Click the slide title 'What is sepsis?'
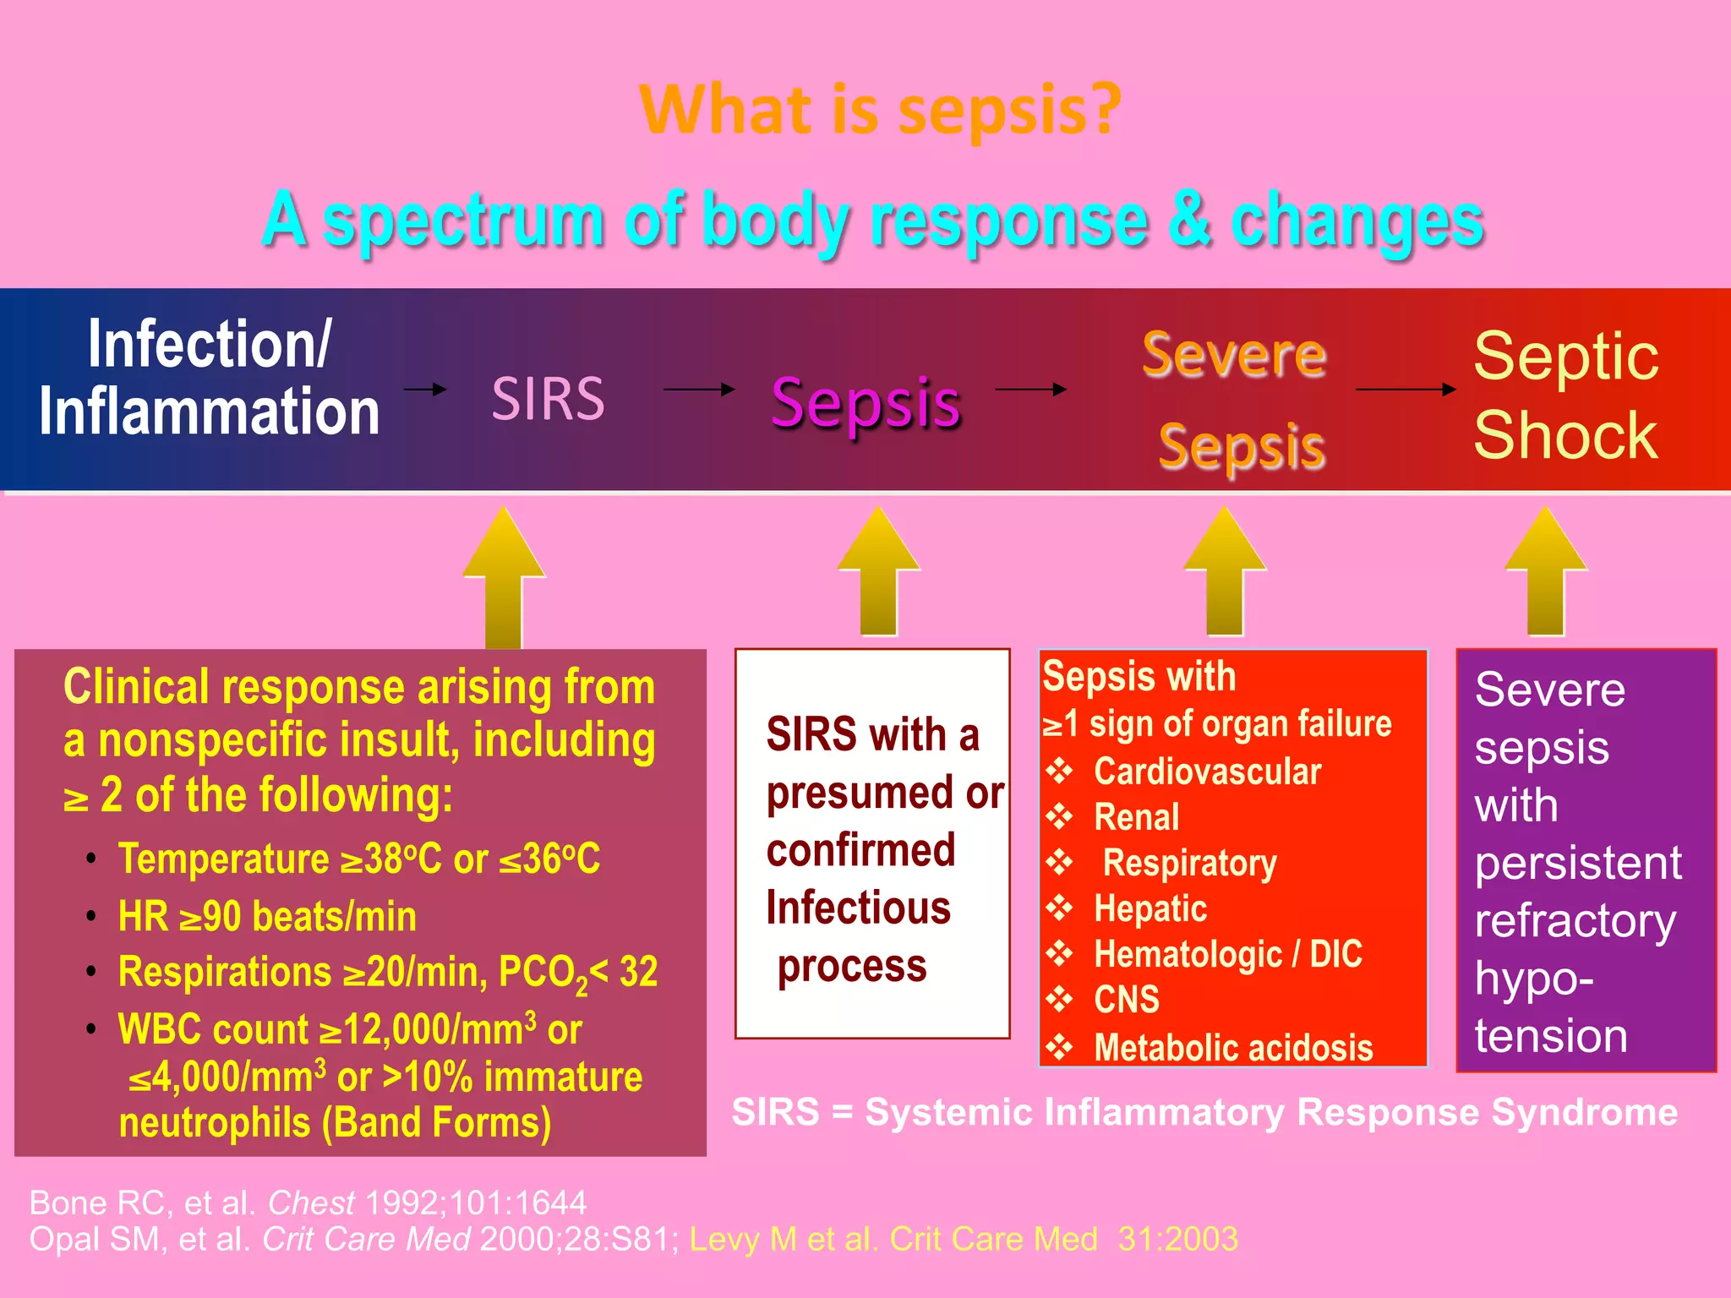[879, 110]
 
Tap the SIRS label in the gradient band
[549, 399]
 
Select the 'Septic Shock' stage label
[1565, 395]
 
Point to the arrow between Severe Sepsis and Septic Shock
[1405, 390]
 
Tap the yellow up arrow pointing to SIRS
[504, 579]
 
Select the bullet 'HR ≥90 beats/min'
[267, 917]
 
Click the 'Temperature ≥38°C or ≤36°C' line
[358, 859]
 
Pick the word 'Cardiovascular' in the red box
[1207, 772]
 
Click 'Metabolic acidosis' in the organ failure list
[1233, 1048]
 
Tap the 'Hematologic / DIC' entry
[1227, 955]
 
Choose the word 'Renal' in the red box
[1136, 817]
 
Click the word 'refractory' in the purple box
[1575, 921]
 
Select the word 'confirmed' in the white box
[860, 850]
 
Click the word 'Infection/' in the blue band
[209, 344]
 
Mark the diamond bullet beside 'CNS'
[1059, 1000]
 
